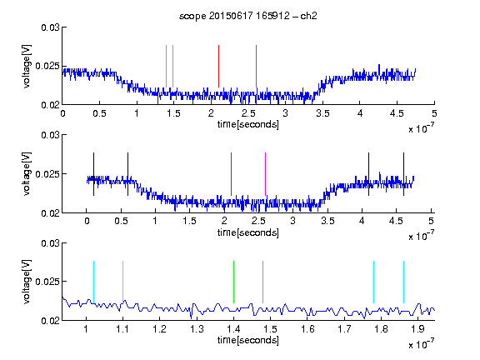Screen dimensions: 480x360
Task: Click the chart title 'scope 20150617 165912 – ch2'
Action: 248,16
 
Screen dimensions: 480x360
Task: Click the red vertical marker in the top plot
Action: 218,66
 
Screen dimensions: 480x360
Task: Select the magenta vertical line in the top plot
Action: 256,66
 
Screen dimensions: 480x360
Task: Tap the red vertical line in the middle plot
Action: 231,174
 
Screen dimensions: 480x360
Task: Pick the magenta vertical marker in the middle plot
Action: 265,174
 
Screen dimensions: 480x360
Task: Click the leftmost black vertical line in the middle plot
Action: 93,174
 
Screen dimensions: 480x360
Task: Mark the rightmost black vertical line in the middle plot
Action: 403,174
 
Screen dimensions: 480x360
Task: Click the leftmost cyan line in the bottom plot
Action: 93,282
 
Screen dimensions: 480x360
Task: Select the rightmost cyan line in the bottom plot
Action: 403,282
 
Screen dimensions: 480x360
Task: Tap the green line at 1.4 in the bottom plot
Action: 233,282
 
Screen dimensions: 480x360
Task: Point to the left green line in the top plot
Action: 166,66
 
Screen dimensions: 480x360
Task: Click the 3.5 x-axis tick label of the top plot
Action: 322,113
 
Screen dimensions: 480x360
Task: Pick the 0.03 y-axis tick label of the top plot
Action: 50,27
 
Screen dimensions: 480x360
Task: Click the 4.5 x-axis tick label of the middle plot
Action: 396,221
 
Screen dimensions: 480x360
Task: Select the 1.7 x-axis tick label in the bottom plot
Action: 344,329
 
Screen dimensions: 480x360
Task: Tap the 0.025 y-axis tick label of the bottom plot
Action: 47,282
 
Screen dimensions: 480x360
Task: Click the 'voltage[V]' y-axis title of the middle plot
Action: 27,173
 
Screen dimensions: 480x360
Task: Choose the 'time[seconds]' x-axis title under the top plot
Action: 248,124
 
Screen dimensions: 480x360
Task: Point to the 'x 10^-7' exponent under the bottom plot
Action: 421,343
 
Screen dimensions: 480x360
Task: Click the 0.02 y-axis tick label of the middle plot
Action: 50,213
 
